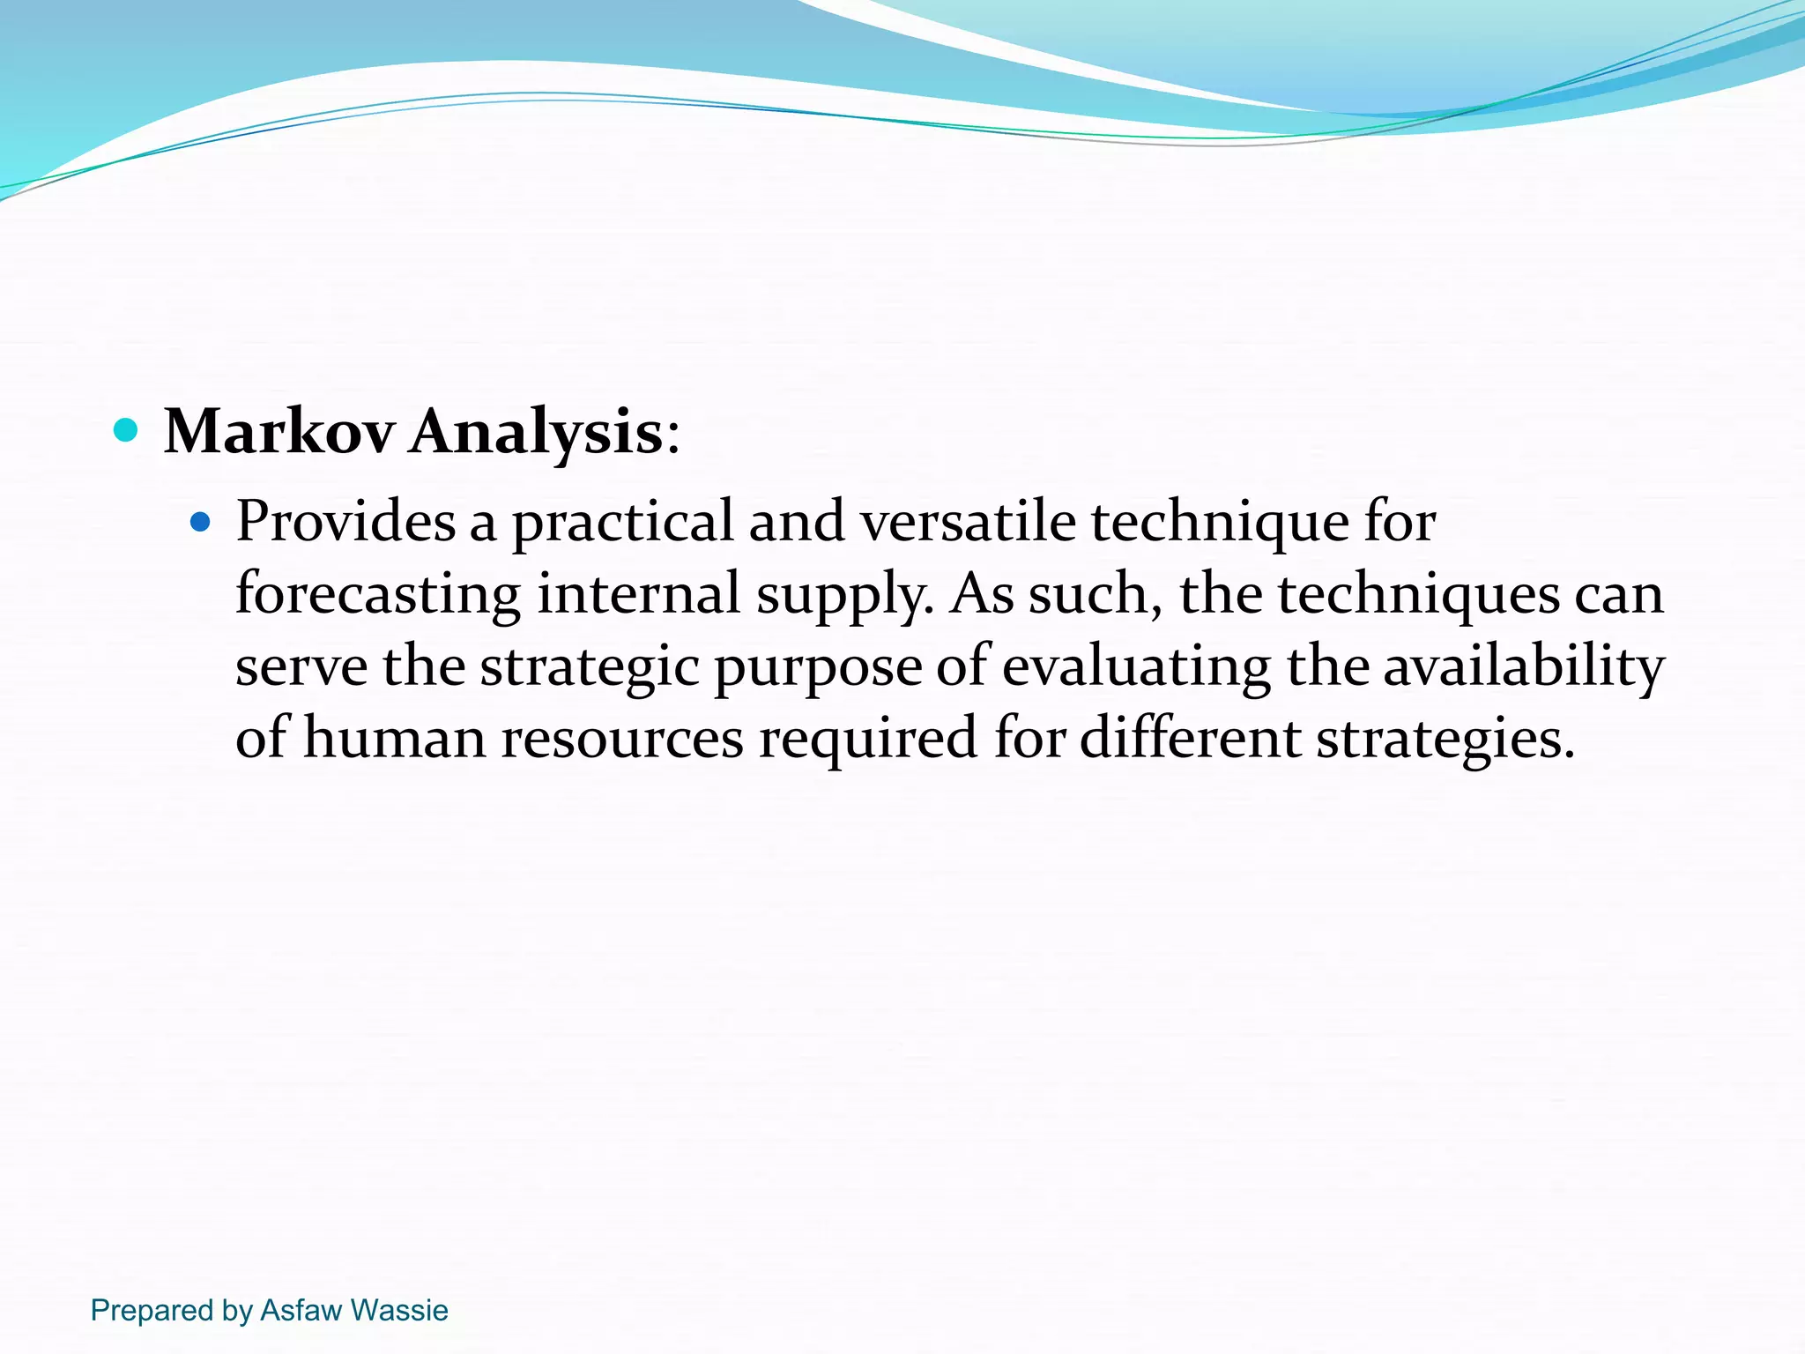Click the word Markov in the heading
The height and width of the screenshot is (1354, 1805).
pyautogui.click(x=279, y=432)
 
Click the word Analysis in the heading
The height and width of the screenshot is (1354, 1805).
pyautogui.click(x=536, y=432)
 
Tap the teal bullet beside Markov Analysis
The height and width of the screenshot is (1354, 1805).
pyautogui.click(x=127, y=430)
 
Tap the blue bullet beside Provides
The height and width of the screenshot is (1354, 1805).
pyautogui.click(x=201, y=523)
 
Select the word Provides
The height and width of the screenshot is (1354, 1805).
pyautogui.click(x=345, y=522)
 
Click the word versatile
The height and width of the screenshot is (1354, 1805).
pyautogui.click(x=968, y=522)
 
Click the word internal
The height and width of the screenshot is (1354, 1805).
pyautogui.click(x=638, y=593)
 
